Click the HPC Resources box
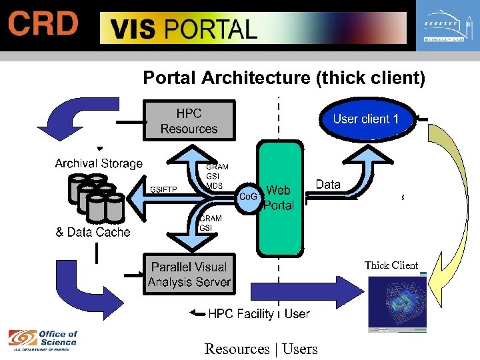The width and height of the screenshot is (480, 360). coord(189,121)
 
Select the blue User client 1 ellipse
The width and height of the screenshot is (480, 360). coord(365,119)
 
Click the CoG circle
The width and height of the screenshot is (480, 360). coord(249,198)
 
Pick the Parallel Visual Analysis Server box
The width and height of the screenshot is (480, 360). coord(189,274)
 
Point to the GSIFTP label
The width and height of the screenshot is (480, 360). coord(163,190)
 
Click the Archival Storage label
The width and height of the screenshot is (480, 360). coord(99,163)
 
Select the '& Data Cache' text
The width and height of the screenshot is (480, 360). coord(93,233)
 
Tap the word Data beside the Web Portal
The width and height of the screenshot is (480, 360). coord(328,185)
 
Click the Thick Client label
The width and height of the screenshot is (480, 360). coord(391,265)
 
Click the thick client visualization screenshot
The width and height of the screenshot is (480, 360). coord(397,303)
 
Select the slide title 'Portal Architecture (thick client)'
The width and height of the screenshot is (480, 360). coord(283,78)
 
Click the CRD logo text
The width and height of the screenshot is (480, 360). coord(43,25)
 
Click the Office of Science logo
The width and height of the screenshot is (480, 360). coord(43,339)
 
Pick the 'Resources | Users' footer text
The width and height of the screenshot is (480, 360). coord(261,349)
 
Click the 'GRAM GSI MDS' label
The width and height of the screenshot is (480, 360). coord(217,177)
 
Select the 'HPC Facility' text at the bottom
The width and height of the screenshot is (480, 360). coord(241,313)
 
